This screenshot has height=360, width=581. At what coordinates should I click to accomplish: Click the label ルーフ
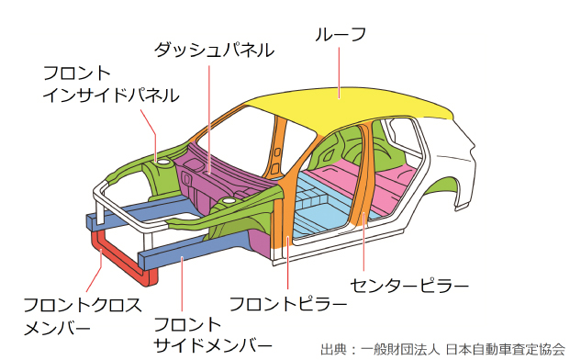tap(341, 35)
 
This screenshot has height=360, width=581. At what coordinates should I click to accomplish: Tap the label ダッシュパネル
tap(212, 51)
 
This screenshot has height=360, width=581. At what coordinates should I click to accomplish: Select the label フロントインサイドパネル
tap(110, 84)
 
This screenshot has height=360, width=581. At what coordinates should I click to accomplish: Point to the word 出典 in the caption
tap(332, 349)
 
